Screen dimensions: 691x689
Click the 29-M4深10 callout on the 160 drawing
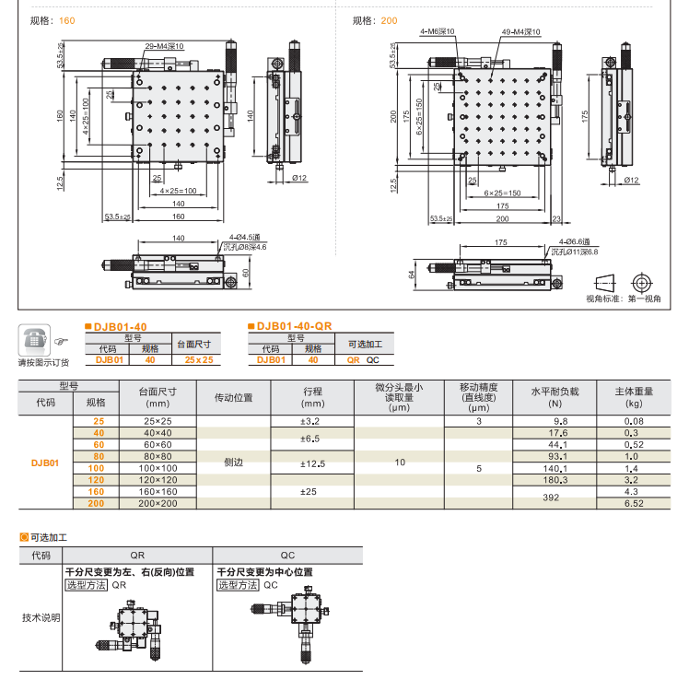(x=164, y=46)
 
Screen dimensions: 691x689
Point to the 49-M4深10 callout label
(x=520, y=32)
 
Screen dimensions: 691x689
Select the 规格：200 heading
(x=375, y=20)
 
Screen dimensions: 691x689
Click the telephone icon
(x=35, y=341)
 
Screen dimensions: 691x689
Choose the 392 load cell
(x=552, y=497)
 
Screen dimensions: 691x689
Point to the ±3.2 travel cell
(x=310, y=420)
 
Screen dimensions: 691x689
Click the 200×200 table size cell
(x=158, y=504)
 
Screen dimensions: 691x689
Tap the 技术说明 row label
(x=41, y=616)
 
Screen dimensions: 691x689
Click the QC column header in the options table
(x=287, y=556)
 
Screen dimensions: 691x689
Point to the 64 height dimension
(x=413, y=274)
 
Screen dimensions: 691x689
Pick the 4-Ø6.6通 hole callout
(x=578, y=241)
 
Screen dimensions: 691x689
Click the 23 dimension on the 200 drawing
(x=556, y=219)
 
